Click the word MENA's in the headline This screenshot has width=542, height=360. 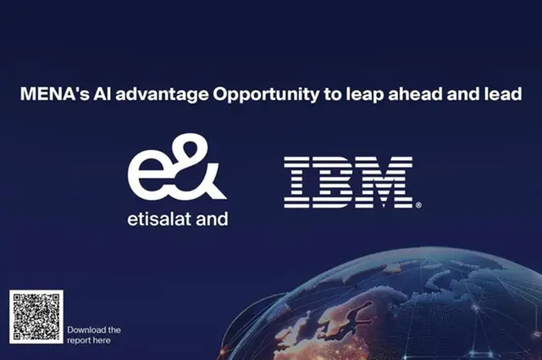(55, 94)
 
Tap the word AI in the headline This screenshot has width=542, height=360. (102, 94)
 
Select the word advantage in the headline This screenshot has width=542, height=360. (162, 95)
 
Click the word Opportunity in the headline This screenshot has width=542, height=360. (266, 95)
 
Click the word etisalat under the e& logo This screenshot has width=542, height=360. (159, 219)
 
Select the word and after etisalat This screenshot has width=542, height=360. (212, 219)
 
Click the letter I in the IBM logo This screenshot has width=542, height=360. (296, 182)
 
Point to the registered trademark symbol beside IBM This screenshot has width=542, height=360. (418, 205)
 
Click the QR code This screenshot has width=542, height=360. (36, 317)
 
